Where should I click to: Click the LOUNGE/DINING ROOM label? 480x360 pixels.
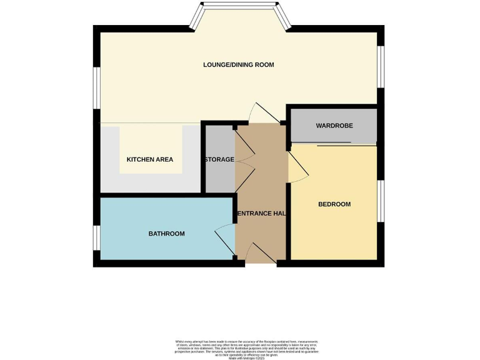pos(238,65)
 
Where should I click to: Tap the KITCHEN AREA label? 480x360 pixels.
pos(150,159)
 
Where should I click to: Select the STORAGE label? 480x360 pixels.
pos(218,159)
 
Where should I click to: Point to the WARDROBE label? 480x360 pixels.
pos(334,126)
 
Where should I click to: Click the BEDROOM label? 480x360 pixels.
pos(334,204)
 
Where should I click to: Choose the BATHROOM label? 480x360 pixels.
pos(166,234)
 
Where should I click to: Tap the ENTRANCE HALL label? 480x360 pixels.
pos(261,214)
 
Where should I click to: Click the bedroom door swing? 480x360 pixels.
pos(297,167)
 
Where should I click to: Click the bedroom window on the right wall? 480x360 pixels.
pos(381,201)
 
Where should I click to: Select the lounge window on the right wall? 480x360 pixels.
pos(381,66)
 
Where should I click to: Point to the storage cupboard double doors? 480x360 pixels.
pos(244,159)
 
